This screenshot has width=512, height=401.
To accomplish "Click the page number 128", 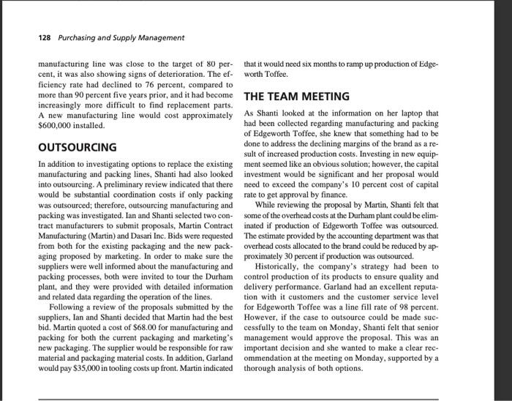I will click(x=46, y=37).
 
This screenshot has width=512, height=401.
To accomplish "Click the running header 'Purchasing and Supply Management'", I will click(x=123, y=37).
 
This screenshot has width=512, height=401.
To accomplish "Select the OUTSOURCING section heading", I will click(x=78, y=147).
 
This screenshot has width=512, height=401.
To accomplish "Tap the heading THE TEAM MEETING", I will click(x=298, y=97).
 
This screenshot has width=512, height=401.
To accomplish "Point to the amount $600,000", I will click(x=57, y=126).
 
